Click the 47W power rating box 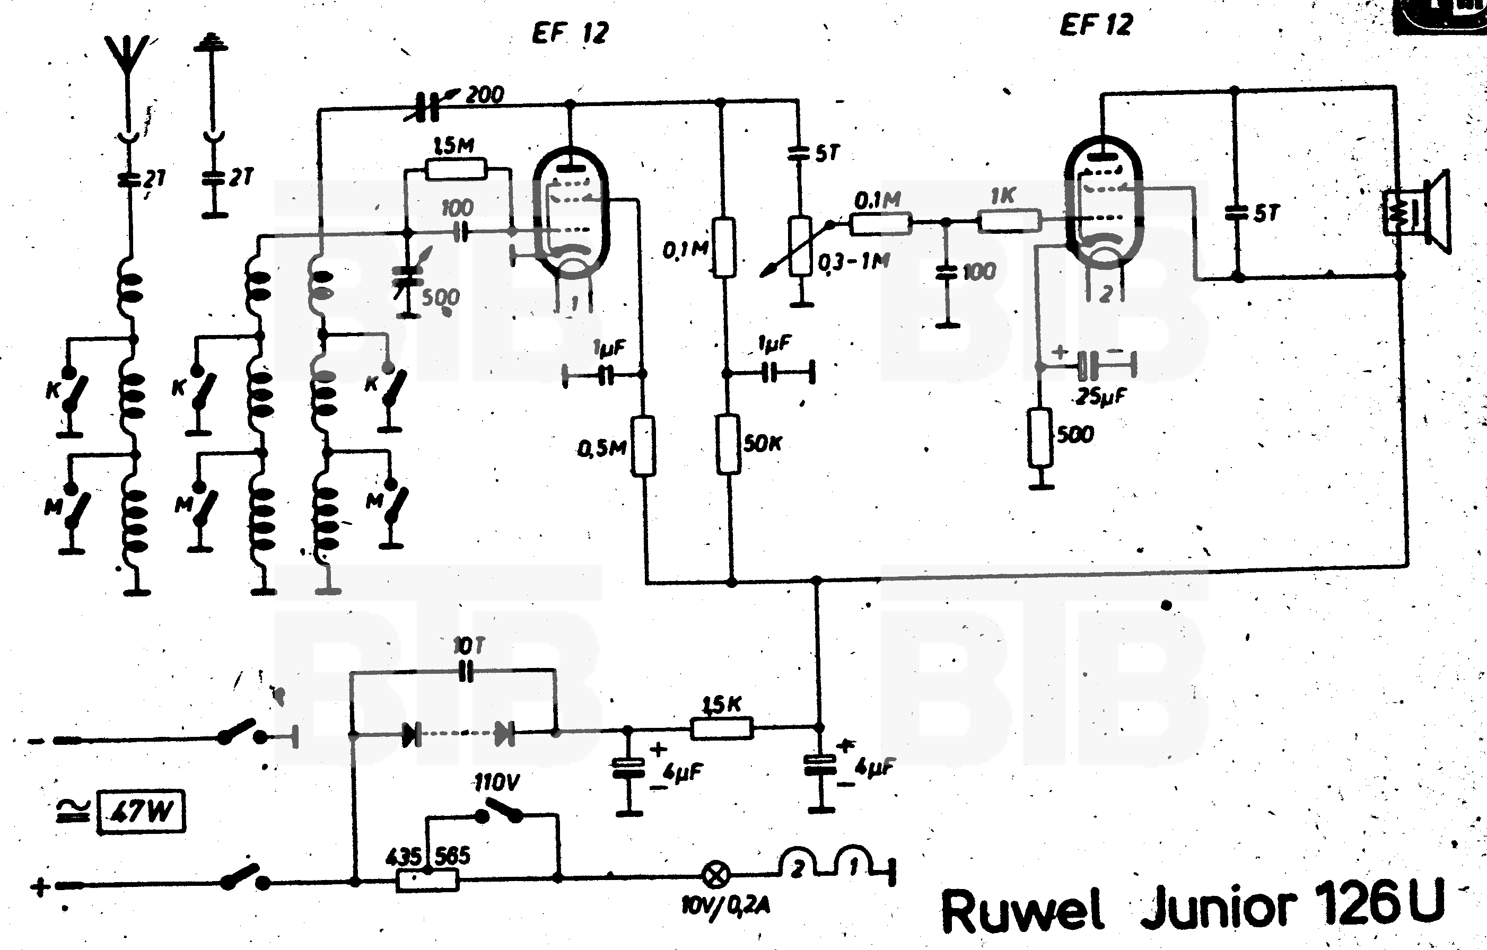point(142,811)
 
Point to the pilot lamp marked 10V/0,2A point(716,874)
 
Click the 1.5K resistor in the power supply point(721,728)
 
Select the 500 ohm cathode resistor point(1040,437)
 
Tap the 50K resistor point(729,444)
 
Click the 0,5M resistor point(643,446)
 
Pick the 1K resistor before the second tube point(1010,221)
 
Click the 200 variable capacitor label point(485,94)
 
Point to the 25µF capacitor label point(1100,395)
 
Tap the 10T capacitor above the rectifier point(466,671)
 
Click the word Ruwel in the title point(1022,910)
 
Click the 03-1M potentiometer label point(854,262)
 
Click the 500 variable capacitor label point(440,297)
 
